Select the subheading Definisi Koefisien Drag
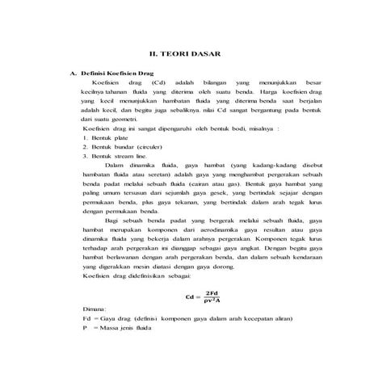116,74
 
